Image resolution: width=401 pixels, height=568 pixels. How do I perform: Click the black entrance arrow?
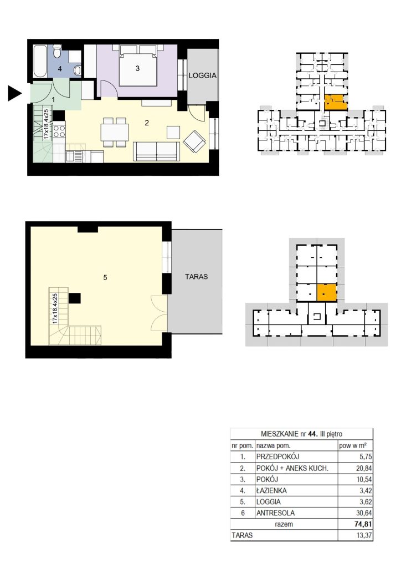(x=15, y=94)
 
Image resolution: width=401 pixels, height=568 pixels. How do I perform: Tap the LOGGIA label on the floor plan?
(x=203, y=75)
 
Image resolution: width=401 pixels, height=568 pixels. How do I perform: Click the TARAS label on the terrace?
(x=196, y=277)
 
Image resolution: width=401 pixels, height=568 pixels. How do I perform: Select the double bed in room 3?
(x=138, y=65)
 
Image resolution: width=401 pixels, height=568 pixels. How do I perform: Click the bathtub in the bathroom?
(x=40, y=61)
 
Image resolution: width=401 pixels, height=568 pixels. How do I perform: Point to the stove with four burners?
(x=60, y=131)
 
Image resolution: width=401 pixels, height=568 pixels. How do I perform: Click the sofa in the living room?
(x=157, y=151)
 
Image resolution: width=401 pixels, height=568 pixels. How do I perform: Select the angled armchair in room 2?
(x=194, y=141)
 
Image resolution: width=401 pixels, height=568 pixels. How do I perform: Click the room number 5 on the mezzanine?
(x=105, y=277)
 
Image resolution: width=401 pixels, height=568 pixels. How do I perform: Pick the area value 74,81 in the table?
(x=363, y=524)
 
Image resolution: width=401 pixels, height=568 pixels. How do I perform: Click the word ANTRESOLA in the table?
(x=275, y=513)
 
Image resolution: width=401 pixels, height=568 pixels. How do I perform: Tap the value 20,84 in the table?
(x=364, y=468)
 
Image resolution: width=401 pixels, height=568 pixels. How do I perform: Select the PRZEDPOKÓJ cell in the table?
(x=277, y=457)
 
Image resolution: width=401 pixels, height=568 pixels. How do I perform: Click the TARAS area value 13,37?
(x=364, y=535)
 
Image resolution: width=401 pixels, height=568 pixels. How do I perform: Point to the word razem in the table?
(x=284, y=524)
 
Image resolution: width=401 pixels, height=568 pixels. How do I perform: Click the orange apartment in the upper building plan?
(x=336, y=103)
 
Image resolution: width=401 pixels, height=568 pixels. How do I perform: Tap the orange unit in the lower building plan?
(x=327, y=293)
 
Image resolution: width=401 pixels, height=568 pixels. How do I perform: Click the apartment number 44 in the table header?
(x=312, y=434)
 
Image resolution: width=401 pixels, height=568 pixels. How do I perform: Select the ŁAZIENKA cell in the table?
(x=271, y=490)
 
